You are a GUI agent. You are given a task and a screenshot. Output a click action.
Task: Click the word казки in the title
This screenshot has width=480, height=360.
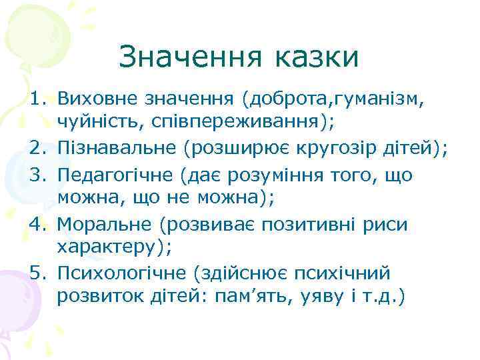pos(315,57)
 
